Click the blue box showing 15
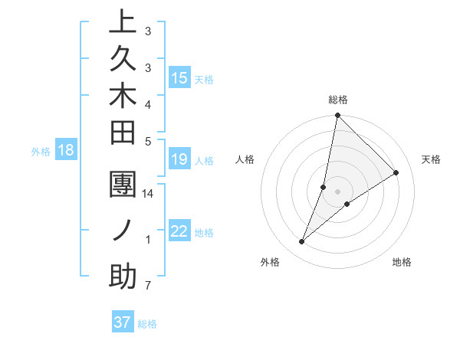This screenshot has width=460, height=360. (179, 78)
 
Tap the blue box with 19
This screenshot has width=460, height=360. (179, 159)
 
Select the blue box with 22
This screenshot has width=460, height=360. (179, 231)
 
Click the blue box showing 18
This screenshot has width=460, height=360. (65, 150)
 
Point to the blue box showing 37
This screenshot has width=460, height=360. (122, 322)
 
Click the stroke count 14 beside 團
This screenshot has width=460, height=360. (148, 194)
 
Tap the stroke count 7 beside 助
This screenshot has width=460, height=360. (147, 286)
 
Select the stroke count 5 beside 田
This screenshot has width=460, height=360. (147, 141)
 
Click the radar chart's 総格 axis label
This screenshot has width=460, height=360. (337, 100)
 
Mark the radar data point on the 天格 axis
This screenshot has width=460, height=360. (396, 173)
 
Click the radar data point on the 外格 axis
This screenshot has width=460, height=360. (302, 242)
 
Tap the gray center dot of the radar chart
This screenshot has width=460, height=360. (337, 191)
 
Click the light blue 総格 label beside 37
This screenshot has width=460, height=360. (147, 324)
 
